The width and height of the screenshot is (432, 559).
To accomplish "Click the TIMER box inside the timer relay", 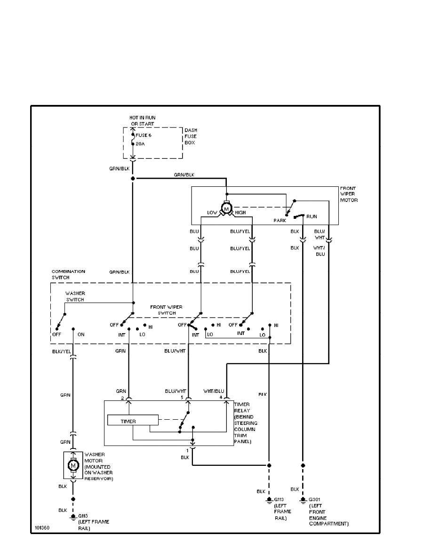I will (133, 421).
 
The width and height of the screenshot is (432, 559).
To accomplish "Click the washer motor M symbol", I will (73, 465).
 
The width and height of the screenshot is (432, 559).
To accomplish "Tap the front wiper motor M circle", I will (226, 208).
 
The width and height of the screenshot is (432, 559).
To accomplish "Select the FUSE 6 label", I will (143, 135).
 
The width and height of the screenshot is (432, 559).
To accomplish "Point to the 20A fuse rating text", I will (141, 144).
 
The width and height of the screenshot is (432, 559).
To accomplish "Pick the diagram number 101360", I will (42, 528).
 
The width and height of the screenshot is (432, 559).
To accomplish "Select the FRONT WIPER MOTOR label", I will (349, 194).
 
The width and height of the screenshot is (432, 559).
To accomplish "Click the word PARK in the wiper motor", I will (280, 220).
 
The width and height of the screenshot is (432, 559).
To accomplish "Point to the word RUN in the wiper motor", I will (312, 217).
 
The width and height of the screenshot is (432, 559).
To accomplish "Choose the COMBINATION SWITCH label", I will (68, 274).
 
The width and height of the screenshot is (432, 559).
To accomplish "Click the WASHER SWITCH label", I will (75, 296).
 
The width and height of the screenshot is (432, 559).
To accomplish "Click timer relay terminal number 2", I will (122, 398).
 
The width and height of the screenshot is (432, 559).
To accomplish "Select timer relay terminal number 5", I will (182, 398).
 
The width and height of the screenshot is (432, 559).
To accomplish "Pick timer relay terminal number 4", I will (221, 398).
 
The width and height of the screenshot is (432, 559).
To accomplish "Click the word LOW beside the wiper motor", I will (212, 213).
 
